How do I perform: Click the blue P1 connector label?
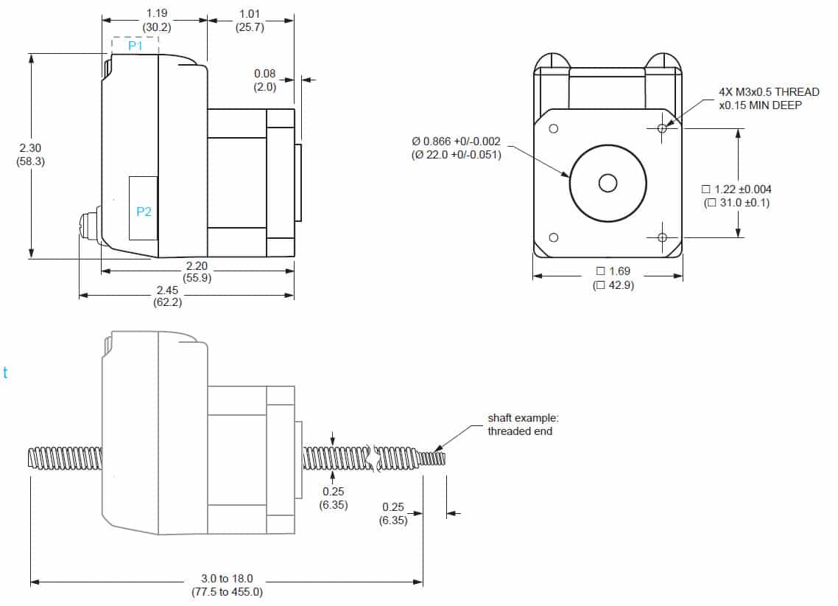click(135, 46)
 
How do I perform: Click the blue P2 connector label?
click(144, 212)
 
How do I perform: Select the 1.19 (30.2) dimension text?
click(156, 21)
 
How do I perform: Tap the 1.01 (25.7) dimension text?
click(250, 21)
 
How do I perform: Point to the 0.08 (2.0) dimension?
click(264, 80)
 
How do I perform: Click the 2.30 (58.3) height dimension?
click(30, 155)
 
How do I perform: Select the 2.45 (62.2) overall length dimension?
click(168, 296)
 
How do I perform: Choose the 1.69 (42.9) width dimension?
click(613, 279)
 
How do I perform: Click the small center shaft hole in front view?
click(608, 182)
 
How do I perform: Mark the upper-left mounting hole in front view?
click(554, 128)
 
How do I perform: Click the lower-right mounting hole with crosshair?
click(662, 237)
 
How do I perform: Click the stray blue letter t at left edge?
click(5, 373)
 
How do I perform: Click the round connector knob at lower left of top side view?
click(88, 226)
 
